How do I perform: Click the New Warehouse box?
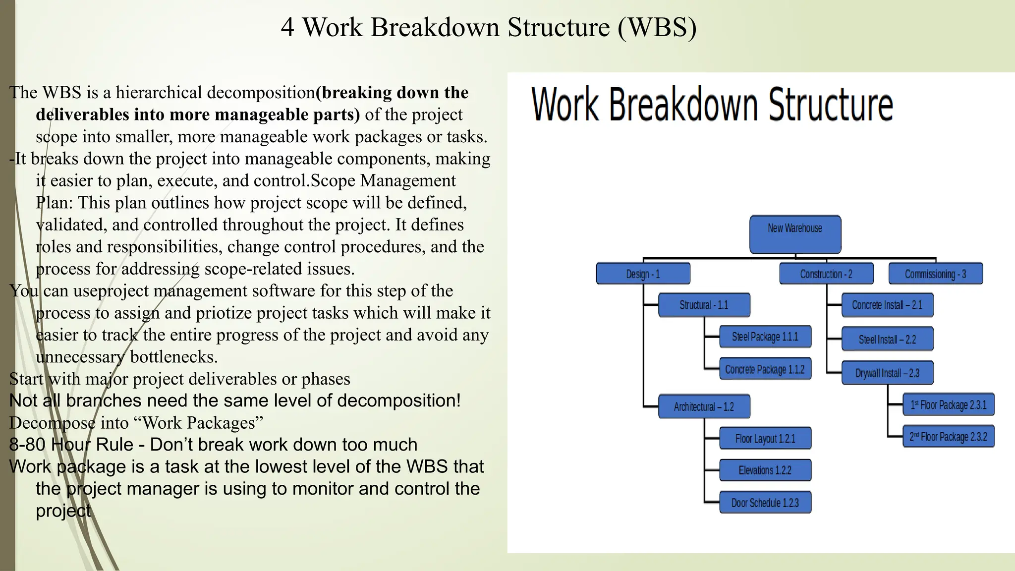point(795,234)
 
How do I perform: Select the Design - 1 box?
point(643,274)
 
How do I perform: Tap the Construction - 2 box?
point(826,274)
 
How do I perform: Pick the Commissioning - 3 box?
point(935,274)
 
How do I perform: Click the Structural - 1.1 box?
point(704,305)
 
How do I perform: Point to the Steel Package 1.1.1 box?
point(765,337)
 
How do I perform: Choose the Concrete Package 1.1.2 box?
point(765,369)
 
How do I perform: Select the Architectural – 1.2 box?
point(704,407)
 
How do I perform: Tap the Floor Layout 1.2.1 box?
point(765,439)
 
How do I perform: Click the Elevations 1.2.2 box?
point(765,470)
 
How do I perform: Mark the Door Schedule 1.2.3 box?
point(765,503)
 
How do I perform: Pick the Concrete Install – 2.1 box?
point(887,305)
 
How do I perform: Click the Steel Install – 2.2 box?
point(887,340)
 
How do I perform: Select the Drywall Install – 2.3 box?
point(887,373)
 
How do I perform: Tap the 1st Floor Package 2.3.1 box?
point(948,405)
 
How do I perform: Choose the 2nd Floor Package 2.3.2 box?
point(948,437)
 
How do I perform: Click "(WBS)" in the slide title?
point(657,27)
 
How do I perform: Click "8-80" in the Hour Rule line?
point(29,445)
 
